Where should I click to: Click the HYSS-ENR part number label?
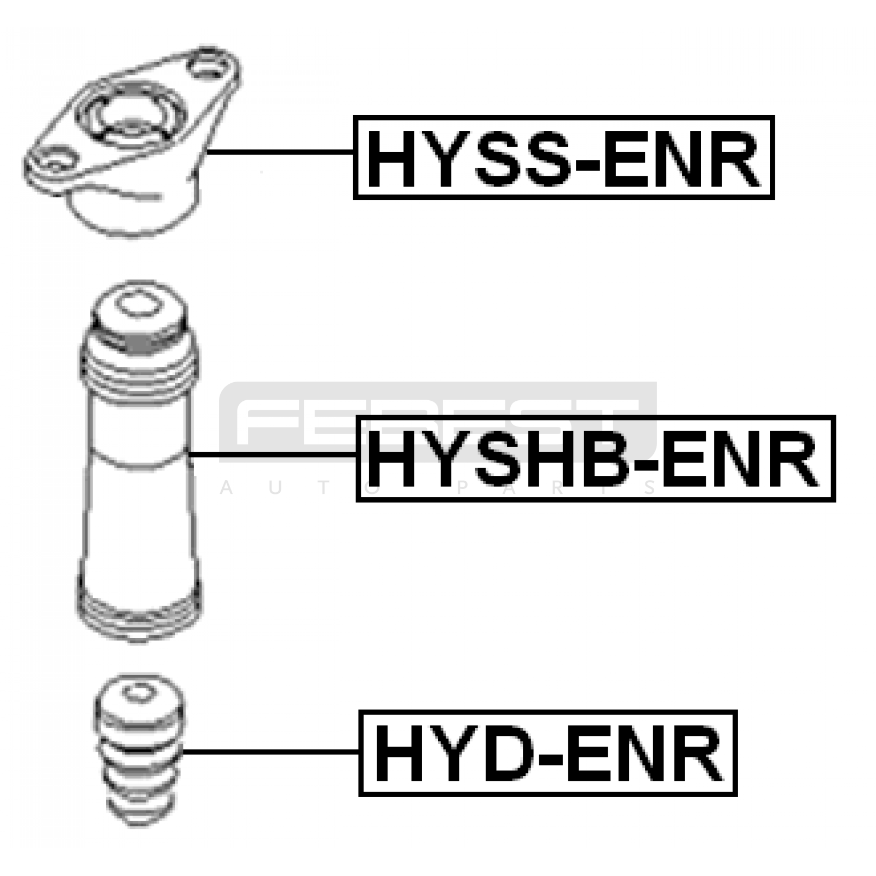(563, 157)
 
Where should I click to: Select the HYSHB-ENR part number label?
(595, 458)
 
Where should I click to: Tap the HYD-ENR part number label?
(548, 753)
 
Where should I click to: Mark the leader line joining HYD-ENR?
(270, 752)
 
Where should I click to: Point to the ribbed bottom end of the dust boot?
(138, 616)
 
